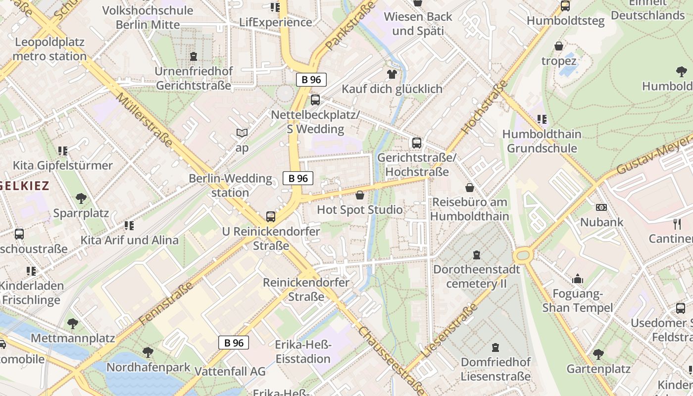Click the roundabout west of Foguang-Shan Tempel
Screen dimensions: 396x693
click(x=522, y=256)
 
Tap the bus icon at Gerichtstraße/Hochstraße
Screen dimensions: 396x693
click(x=417, y=143)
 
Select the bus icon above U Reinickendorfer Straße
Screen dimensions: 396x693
click(x=270, y=216)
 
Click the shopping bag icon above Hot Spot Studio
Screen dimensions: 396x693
click(x=360, y=195)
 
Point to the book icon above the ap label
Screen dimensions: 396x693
click(x=242, y=133)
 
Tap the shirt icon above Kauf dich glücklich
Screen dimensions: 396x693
click(x=392, y=74)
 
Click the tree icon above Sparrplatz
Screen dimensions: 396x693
click(x=81, y=198)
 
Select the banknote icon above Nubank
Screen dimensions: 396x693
click(x=601, y=207)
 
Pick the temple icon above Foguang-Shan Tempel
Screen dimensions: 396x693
click(x=577, y=279)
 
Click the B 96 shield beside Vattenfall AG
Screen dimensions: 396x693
click(x=234, y=343)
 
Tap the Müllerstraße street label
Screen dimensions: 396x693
click(x=145, y=119)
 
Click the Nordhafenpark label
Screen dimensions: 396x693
click(x=148, y=367)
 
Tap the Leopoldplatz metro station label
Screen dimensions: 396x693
click(x=50, y=49)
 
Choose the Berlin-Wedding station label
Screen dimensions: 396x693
click(x=231, y=185)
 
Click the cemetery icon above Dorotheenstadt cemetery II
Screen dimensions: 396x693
click(x=476, y=254)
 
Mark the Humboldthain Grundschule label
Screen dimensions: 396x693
click(x=542, y=141)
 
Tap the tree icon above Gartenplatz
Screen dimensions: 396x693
click(x=598, y=354)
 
